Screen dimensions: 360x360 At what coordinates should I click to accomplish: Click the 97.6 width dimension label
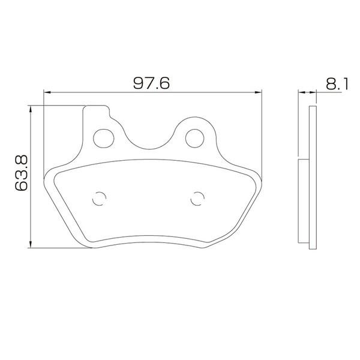pyautogui.click(x=152, y=83)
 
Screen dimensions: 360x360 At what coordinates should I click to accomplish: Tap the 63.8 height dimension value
pyautogui.click(x=22, y=173)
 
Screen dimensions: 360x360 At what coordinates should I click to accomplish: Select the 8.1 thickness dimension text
pyautogui.click(x=337, y=84)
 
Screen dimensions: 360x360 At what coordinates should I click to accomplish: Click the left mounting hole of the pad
pyautogui.click(x=104, y=139)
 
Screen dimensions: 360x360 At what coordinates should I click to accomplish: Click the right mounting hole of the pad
pyautogui.click(x=194, y=139)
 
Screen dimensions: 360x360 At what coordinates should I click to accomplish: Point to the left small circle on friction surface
pyautogui.click(x=99, y=199)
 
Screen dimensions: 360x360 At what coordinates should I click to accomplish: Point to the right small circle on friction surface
pyautogui.click(x=197, y=199)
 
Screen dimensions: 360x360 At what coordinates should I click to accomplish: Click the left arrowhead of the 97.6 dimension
pyautogui.click(x=47, y=92)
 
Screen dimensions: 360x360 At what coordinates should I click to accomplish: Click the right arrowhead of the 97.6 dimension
pyautogui.click(x=258, y=92)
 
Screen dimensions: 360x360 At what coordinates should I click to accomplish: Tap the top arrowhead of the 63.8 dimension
pyautogui.click(x=31, y=109)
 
